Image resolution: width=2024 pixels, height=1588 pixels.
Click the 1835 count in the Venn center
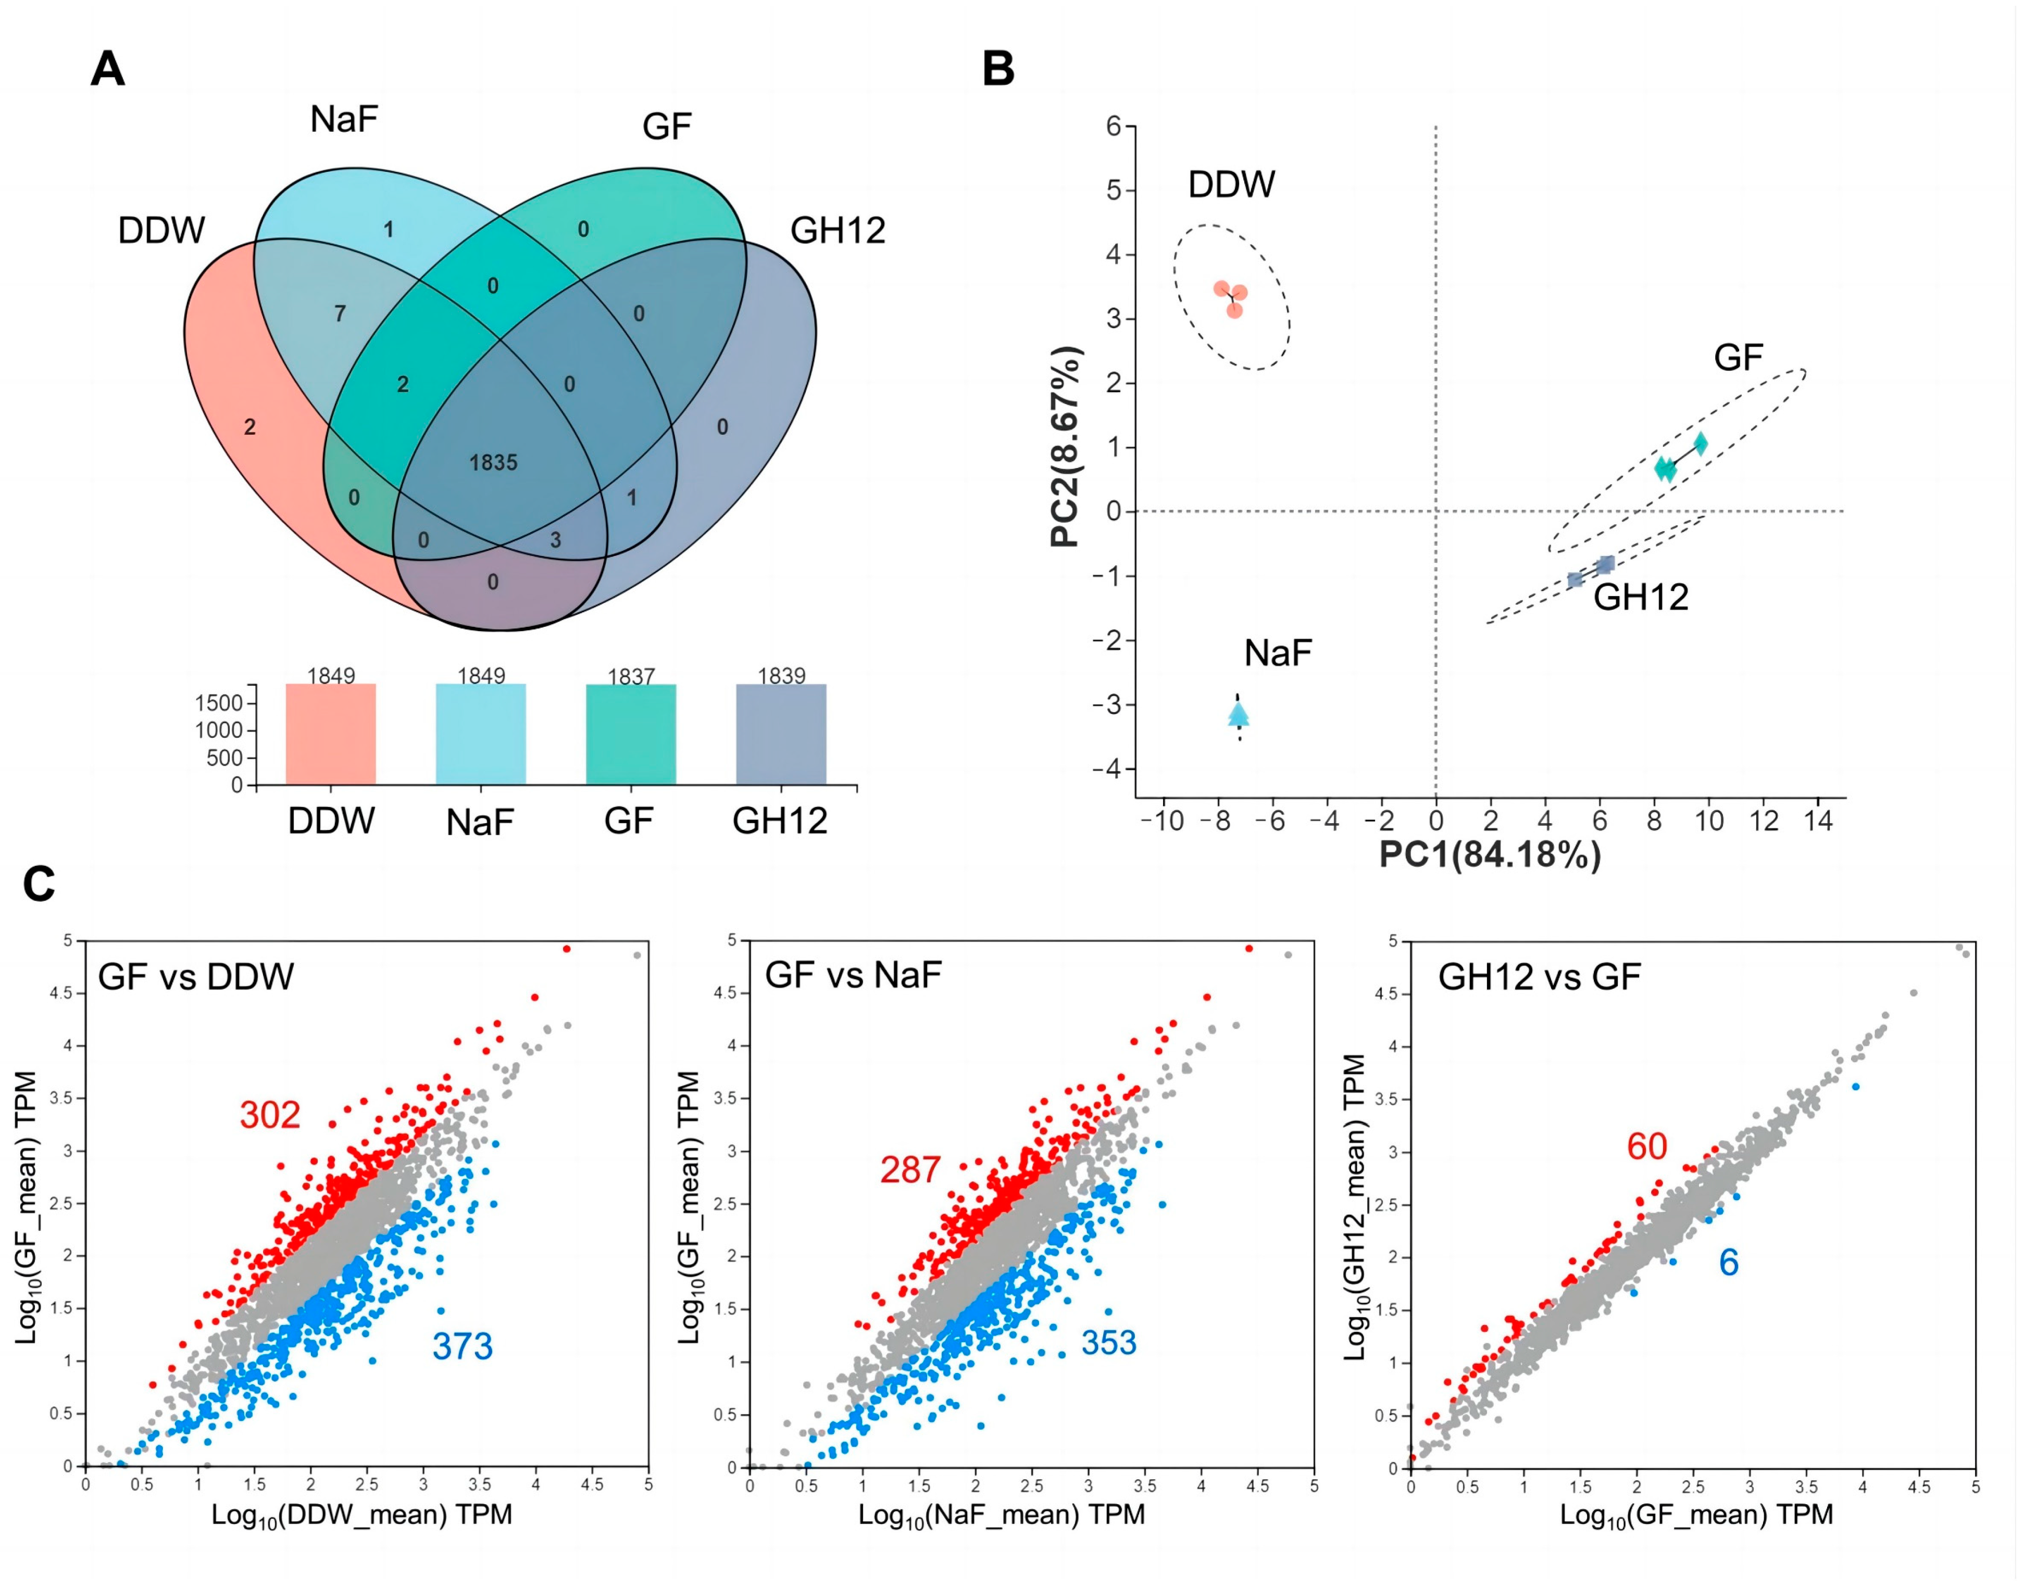pyautogui.click(x=493, y=462)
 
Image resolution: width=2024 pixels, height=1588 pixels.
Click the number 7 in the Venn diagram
pyautogui.click(x=341, y=313)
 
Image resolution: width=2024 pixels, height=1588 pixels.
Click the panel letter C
pyautogui.click(x=39, y=884)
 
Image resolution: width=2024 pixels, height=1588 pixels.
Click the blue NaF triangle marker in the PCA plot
pyautogui.click(x=1239, y=714)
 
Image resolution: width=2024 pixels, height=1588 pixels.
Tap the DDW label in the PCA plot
pyautogui.click(x=1231, y=184)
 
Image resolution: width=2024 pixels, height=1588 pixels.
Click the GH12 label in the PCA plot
pyautogui.click(x=1641, y=597)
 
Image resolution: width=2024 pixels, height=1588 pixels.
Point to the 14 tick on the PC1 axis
pyautogui.click(x=1818, y=821)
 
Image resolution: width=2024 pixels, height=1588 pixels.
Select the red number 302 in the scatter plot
pyautogui.click(x=270, y=1115)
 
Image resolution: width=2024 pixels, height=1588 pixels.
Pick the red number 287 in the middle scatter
pyautogui.click(x=910, y=1169)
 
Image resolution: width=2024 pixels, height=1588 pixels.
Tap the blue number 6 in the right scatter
pyautogui.click(x=1728, y=1263)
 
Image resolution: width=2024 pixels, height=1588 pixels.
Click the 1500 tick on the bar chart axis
pyautogui.click(x=219, y=703)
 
